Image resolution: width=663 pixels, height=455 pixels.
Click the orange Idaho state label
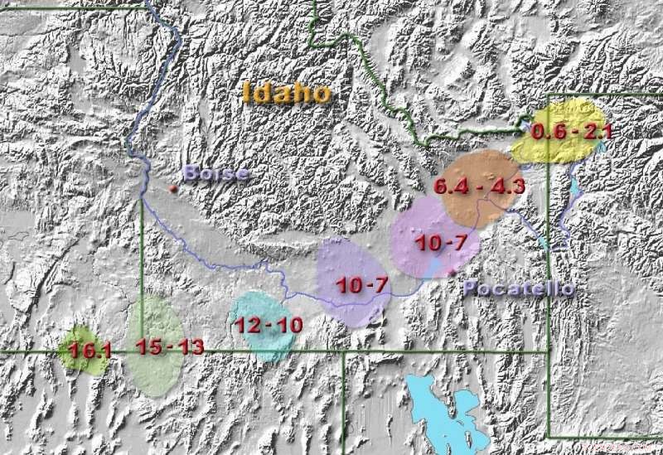(287, 92)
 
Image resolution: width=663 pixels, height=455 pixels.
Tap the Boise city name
(215, 173)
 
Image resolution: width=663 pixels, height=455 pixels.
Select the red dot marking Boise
(173, 189)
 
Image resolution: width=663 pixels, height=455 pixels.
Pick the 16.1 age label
(90, 351)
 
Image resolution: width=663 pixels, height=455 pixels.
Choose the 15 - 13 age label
(169, 347)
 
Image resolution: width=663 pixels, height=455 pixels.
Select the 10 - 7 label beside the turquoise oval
(362, 285)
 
